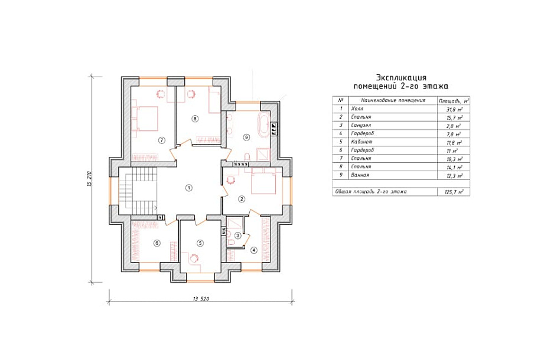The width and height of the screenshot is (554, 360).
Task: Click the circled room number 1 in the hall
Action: pyautogui.click(x=189, y=188)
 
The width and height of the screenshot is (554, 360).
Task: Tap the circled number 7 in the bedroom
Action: pyautogui.click(x=161, y=140)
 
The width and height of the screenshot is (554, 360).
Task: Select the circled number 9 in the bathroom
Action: pyautogui.click(x=246, y=138)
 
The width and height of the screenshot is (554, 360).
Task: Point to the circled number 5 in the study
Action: pyautogui.click(x=200, y=243)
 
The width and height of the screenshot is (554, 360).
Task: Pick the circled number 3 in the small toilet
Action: pyautogui.click(x=238, y=235)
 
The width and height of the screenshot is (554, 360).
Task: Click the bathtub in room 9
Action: pyautogui.click(x=263, y=125)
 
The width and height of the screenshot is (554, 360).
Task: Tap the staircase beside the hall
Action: pyautogui.click(x=138, y=191)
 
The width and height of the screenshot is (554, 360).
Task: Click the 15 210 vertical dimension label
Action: pyautogui.click(x=89, y=179)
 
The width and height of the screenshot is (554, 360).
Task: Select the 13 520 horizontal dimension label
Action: pyautogui.click(x=201, y=299)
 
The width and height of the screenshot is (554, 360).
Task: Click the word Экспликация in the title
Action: pyautogui.click(x=401, y=77)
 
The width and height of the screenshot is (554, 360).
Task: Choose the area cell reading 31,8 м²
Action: pyautogui.click(x=454, y=109)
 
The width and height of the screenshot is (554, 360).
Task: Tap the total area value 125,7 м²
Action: pyautogui.click(x=454, y=192)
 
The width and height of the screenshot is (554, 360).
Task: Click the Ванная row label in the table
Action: pyautogui.click(x=360, y=175)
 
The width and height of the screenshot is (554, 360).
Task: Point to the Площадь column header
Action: pyautogui.click(x=454, y=100)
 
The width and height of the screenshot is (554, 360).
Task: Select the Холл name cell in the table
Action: pyautogui.click(x=357, y=109)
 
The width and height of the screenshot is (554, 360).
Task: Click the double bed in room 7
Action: pyautogui.click(x=145, y=119)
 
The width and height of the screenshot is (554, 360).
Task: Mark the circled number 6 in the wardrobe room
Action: pyautogui.click(x=157, y=243)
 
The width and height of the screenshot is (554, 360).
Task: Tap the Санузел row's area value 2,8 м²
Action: pyautogui.click(x=454, y=126)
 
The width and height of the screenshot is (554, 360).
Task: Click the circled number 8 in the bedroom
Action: pyautogui.click(x=195, y=119)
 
